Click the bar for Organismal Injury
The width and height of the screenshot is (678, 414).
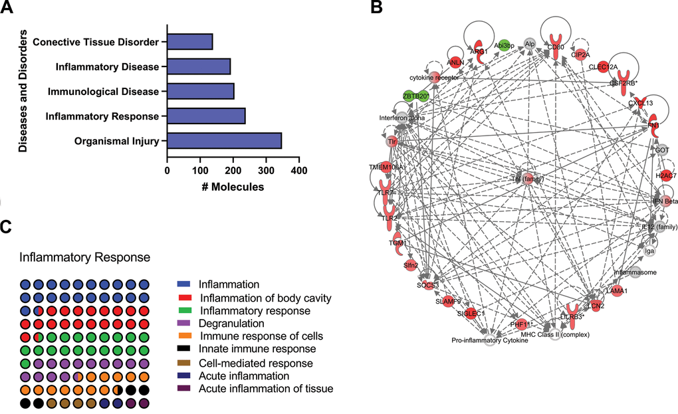pyautogui.click(x=224, y=141)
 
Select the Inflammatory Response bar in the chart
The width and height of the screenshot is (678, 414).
pyautogui.click(x=206, y=116)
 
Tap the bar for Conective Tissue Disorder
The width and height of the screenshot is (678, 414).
pyautogui.click(x=189, y=43)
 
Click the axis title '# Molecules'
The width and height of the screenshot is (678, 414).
pyautogui.click(x=233, y=187)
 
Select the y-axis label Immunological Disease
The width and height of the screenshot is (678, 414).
pyautogui.click(x=108, y=92)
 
